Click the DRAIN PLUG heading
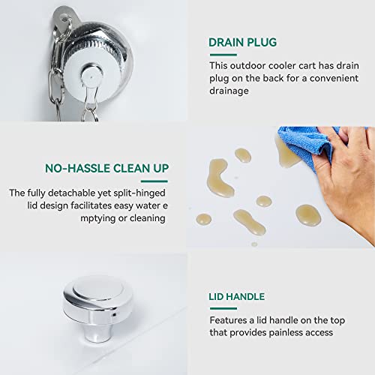tap(242, 43)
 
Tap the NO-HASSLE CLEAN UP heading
tap(106, 168)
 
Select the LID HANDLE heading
tap(236, 297)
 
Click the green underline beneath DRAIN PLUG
tap(223, 55)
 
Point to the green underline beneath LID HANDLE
tap(223, 308)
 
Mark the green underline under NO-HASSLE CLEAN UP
tap(154, 181)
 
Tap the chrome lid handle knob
tap(97, 307)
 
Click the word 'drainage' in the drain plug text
tap(229, 91)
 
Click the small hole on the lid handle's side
tap(114, 315)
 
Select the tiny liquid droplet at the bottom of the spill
tap(254, 244)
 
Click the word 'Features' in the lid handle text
tap(228, 320)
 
